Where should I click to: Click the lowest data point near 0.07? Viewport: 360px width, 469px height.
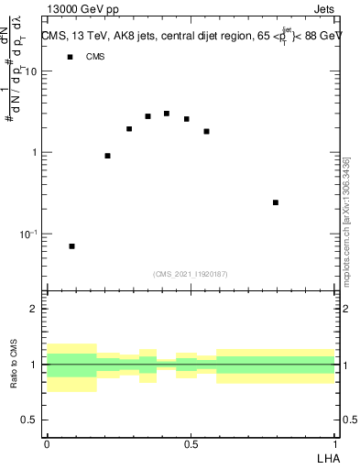pos(71,246)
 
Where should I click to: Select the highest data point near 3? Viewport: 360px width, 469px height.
pos(166,114)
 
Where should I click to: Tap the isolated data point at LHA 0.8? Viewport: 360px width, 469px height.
pos(276,202)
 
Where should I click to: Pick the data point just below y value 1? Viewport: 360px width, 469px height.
pos(108,156)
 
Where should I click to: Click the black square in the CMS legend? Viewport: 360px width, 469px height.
pos(70,57)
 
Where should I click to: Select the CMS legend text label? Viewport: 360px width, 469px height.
pos(95,57)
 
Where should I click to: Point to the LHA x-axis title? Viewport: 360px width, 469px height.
pos(326,458)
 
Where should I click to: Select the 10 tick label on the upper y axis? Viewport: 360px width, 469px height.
pos(31,71)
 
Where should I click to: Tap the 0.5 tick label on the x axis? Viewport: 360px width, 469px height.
pos(191,444)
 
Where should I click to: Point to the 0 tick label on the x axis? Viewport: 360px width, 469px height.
pos(46,444)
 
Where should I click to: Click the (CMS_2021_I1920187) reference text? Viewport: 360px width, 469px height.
pos(191,274)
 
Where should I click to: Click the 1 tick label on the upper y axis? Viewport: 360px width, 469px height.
pos(36,153)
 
